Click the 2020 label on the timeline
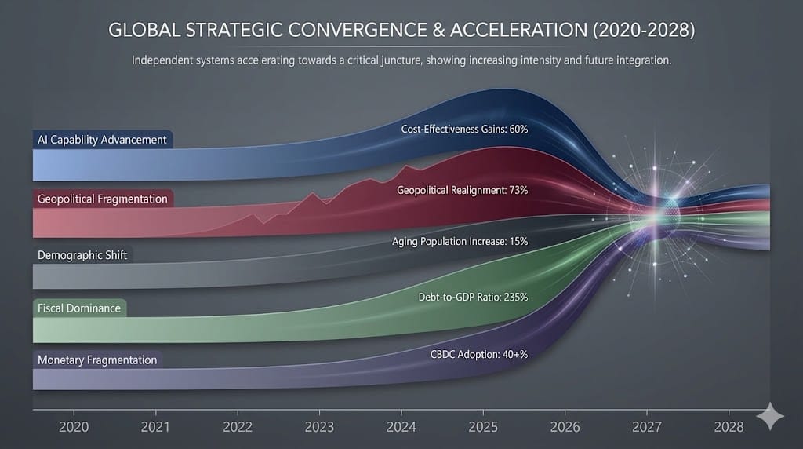[73, 427]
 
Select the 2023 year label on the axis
[319, 427]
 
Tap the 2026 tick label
[565, 427]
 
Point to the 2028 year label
[729, 427]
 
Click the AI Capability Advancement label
[102, 140]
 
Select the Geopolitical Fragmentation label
[102, 199]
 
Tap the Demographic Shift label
[82, 256]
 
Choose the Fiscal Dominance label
[79, 308]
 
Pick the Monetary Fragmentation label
[97, 360]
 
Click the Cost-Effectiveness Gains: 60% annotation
[464, 129]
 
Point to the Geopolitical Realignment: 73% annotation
[462, 190]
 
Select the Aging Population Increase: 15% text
[460, 243]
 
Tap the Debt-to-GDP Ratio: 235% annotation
[472, 298]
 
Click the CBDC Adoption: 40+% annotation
[479, 355]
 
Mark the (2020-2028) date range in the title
[632, 33]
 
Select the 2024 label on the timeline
[401, 427]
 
